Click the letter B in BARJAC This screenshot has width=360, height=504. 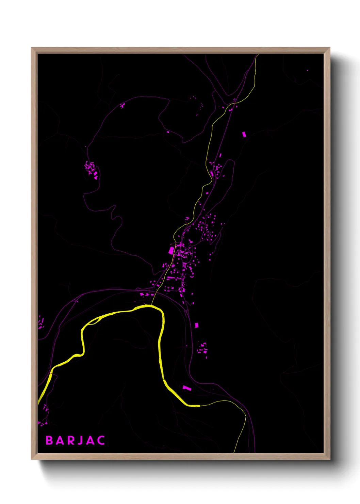point(49,440)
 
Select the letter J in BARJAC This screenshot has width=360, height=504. point(80,440)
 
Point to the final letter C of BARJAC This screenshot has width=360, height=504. point(101,440)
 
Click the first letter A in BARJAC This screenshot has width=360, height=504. point(60,440)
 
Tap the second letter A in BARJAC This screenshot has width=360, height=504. point(90,440)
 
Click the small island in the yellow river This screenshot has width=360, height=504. point(94,320)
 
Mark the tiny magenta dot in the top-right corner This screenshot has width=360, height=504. point(308,70)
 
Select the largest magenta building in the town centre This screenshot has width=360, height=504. point(171,251)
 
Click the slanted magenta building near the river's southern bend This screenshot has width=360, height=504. point(187,388)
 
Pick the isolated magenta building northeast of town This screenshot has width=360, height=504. point(244,134)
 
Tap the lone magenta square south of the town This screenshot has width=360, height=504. point(196,325)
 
